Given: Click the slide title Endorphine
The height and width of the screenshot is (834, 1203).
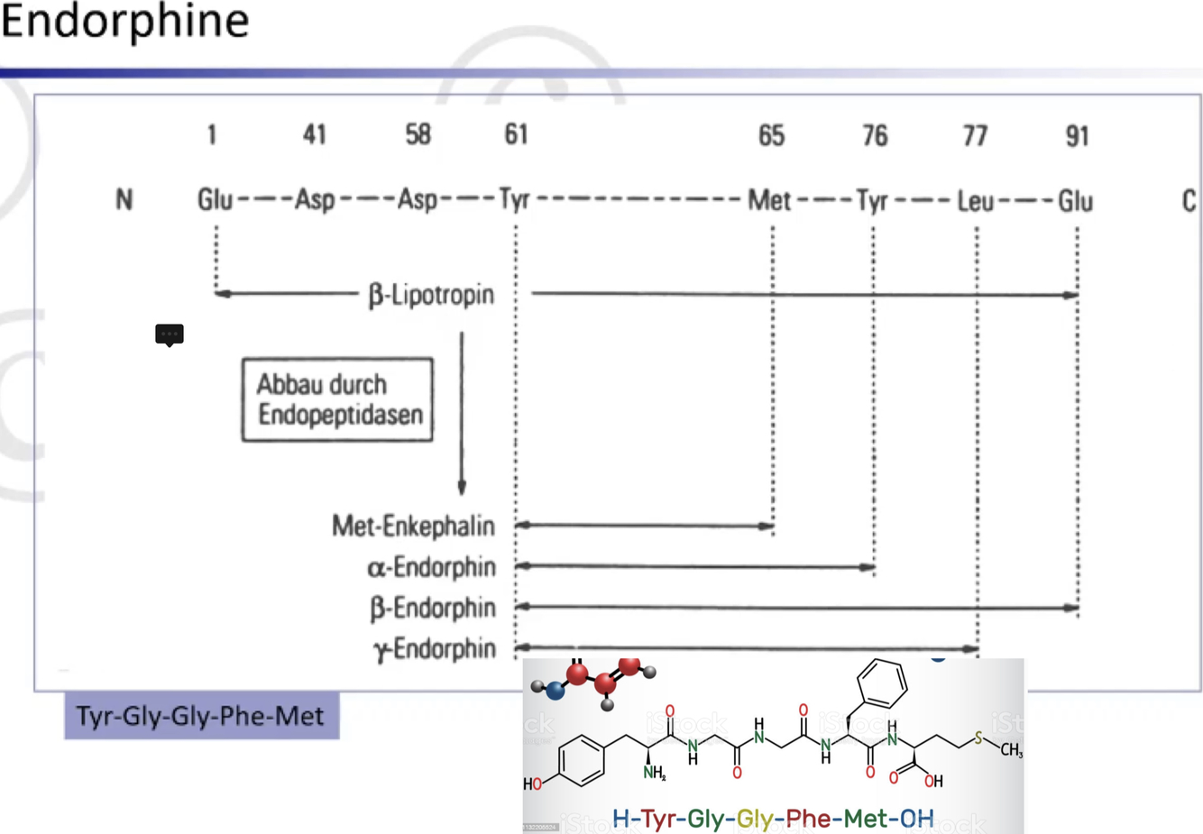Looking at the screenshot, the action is (x=124, y=22).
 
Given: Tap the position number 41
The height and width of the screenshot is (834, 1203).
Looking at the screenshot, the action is (x=314, y=135).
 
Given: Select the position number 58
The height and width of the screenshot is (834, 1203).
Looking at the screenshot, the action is (x=418, y=135).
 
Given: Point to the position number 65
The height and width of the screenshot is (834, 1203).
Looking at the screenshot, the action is (x=771, y=136).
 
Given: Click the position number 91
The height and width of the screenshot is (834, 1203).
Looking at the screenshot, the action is (x=1077, y=136).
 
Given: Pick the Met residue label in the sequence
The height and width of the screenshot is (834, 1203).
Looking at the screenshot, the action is (x=769, y=200).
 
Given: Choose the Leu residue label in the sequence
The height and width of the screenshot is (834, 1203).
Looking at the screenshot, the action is (x=975, y=201).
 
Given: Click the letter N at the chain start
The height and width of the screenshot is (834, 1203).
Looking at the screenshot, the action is (x=124, y=200).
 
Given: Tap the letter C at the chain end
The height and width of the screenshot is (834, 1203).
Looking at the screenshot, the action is (x=1189, y=201).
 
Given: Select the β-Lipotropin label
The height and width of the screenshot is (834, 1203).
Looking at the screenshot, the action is (x=431, y=295).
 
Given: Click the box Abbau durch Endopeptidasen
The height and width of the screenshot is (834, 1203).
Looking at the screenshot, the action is (x=337, y=399).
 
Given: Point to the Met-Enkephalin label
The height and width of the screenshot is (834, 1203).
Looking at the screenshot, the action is (x=413, y=526).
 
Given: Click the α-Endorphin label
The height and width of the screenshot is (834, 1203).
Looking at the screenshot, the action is (x=431, y=567).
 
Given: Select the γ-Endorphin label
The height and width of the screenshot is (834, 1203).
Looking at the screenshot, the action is (x=435, y=648).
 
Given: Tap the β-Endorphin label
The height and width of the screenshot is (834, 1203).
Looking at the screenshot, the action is (x=433, y=608).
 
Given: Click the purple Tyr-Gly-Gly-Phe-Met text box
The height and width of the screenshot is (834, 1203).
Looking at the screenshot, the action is (x=200, y=716).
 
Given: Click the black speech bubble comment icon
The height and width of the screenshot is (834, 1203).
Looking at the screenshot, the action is (x=170, y=335).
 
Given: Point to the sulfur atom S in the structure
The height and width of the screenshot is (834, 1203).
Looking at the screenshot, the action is (x=978, y=739).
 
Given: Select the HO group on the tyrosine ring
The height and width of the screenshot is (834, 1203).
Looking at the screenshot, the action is (x=533, y=784).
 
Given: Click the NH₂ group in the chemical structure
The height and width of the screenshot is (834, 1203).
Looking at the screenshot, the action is (x=654, y=773).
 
